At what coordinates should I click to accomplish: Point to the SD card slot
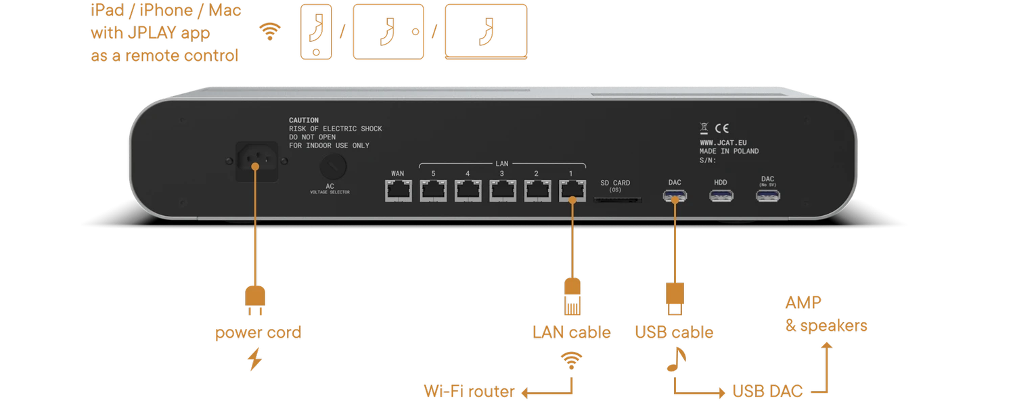pyautogui.click(x=617, y=200)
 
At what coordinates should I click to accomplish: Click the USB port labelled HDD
pyautogui.click(x=721, y=196)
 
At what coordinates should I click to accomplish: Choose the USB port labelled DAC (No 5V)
pyautogui.click(x=767, y=196)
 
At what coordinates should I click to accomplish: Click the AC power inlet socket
pyautogui.click(x=256, y=161)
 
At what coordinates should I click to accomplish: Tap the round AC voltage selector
pyautogui.click(x=333, y=165)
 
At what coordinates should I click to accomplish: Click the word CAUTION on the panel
pyautogui.click(x=304, y=120)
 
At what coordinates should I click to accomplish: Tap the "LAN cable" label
pyautogui.click(x=570, y=332)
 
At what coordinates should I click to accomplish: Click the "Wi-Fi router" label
pyautogui.click(x=468, y=391)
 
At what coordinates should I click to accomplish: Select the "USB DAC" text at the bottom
pyautogui.click(x=767, y=391)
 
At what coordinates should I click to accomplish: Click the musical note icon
pyautogui.click(x=674, y=359)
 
